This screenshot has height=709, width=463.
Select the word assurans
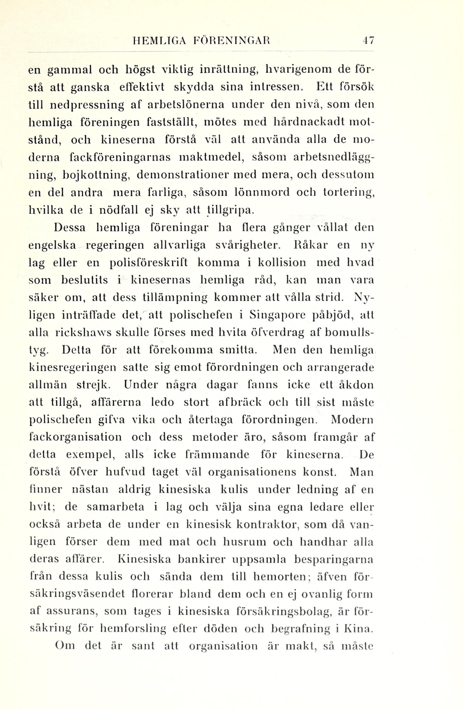71,611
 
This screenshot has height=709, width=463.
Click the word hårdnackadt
307,122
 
